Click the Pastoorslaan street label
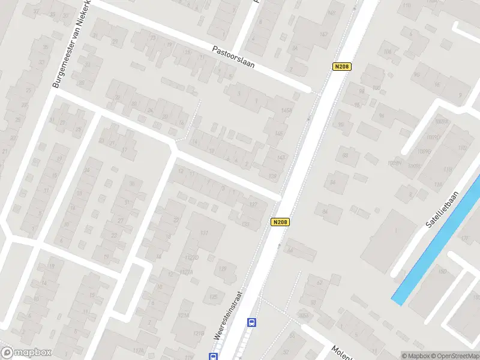pyautogui.click(x=233, y=58)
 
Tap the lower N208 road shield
pyautogui.click(x=280, y=221)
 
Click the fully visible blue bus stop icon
pyautogui.click(x=252, y=322)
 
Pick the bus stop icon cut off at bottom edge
pyautogui.click(x=213, y=356)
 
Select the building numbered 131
pyautogui.click(x=205, y=233)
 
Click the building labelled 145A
pyautogui.click(x=286, y=111)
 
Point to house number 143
pyautogui.click(x=281, y=157)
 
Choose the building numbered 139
pyautogui.click(x=273, y=175)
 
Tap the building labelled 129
pyautogui.click(x=223, y=269)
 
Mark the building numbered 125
pyautogui.click(x=214, y=296)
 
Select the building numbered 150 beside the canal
pyautogui.click(x=442, y=272)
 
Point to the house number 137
pyautogui.click(x=254, y=205)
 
